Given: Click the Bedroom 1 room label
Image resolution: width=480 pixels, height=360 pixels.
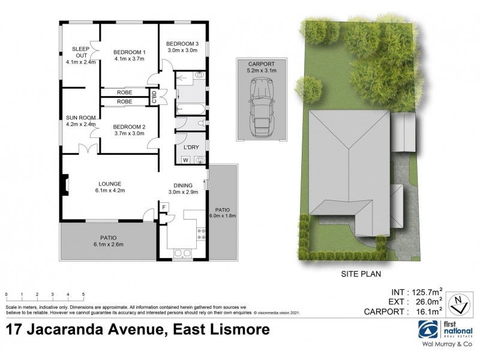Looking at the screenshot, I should [x=130, y=52].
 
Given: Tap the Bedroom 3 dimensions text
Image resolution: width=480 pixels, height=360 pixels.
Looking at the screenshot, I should [x=182, y=51].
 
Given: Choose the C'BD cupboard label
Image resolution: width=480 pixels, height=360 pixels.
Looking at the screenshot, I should [x=155, y=97].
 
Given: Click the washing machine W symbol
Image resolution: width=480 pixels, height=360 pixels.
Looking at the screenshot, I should [x=185, y=160].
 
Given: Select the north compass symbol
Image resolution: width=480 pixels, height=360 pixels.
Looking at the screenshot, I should [x=458, y=304].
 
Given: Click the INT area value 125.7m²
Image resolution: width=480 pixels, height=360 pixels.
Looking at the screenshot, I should [x=423, y=292].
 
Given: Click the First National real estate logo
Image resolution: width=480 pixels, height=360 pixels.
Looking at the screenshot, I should [x=428, y=329].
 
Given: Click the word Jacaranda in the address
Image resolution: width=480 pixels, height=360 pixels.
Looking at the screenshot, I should [x=103, y=329].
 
